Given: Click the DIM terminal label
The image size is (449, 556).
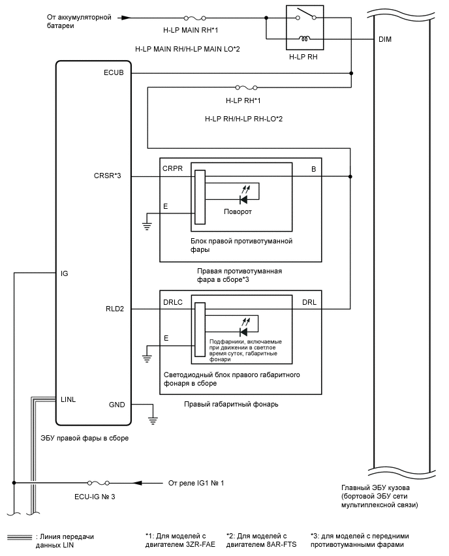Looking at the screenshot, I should pos(385,40).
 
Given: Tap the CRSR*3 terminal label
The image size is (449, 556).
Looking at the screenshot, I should pos(108,176).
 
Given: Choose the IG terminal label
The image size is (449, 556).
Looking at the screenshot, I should pos(64,273).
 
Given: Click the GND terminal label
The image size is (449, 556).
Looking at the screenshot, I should pos(116,405).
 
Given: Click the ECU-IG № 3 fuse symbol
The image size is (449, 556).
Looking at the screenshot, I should pos(104,484).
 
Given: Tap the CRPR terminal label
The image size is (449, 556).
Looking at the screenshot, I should pos(172,168).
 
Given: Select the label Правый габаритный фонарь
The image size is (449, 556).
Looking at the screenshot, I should pos(232,404).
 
